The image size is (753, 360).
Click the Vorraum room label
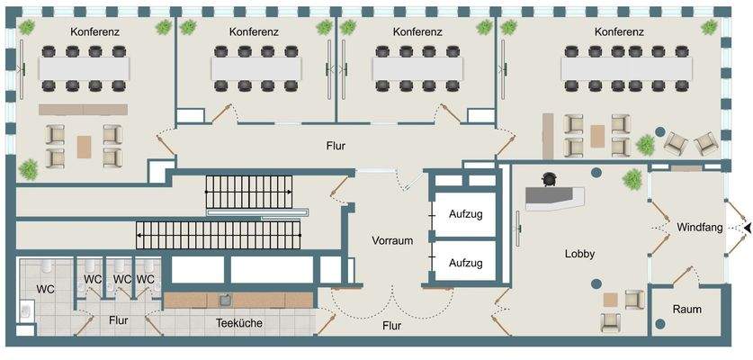pyautogui.click(x=392, y=241)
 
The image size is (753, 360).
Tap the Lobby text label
pyautogui.click(x=579, y=255)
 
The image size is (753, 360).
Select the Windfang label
pyautogui.click(x=700, y=229)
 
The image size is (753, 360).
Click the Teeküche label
pyautogui.click(x=238, y=323)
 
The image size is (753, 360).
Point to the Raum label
pyautogui.click(x=687, y=310)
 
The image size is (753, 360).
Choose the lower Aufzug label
pyautogui.click(x=466, y=264)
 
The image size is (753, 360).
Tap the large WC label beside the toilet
pyautogui.click(x=46, y=290)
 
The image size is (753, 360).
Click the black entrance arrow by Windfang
pyautogui.click(x=746, y=229)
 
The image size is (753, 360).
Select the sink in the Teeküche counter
pyautogui.click(x=224, y=300)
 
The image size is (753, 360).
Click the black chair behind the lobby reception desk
pyautogui.click(x=549, y=181)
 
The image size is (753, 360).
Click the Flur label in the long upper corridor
pyautogui.click(x=336, y=145)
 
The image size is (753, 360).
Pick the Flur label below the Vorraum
pyautogui.click(x=391, y=326)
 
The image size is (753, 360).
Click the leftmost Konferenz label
pyautogui.click(x=95, y=31)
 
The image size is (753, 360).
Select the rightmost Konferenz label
pyautogui.click(x=619, y=31)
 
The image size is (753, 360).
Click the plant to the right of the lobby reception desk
pyautogui.click(x=633, y=179)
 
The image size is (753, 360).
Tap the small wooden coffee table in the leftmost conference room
pyautogui.click(x=84, y=146)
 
